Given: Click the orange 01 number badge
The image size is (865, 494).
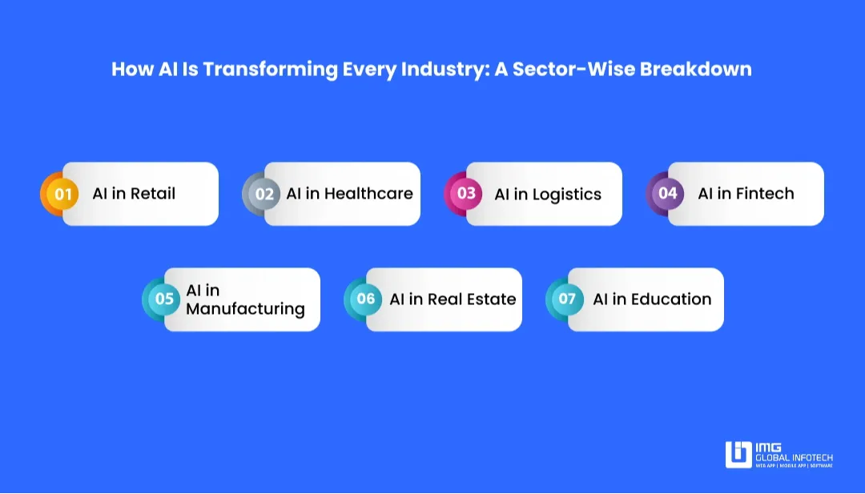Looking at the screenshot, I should [62, 194].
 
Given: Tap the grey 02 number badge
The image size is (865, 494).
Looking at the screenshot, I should [264, 194].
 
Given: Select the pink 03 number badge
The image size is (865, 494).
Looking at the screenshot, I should [466, 194].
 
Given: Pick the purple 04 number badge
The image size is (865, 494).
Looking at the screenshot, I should [668, 194].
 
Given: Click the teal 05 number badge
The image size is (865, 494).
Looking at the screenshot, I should [164, 299].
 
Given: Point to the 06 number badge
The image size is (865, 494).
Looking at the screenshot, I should [366, 299].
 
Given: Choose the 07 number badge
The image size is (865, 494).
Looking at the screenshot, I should [567, 299].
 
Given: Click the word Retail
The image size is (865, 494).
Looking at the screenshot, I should [153, 194].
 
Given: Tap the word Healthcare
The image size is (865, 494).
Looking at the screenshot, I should [368, 194].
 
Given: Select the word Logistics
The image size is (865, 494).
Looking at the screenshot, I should [567, 195].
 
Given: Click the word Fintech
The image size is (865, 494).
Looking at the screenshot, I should [766, 194].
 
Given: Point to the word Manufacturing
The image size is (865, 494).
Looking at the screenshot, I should [245, 309].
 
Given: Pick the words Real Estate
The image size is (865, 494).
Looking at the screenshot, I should [472, 299].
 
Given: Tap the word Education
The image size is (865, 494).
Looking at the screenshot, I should [671, 299].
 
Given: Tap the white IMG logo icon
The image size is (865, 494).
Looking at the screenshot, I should [738, 455].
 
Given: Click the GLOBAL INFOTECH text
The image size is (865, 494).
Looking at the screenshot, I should [794, 456].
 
